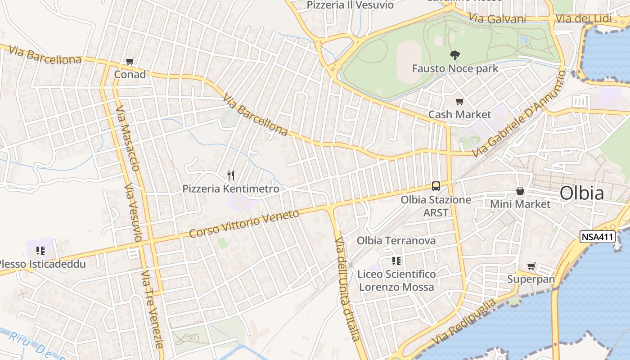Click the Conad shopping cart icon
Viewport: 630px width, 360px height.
[130, 61]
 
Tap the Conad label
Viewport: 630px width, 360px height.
[130, 74]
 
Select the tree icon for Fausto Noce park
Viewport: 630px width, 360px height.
[455, 55]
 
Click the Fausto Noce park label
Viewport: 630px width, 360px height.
[455, 68]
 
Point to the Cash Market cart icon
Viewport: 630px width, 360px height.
[459, 102]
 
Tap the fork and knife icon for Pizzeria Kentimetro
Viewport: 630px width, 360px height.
[231, 175]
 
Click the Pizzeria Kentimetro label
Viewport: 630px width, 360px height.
[231, 189]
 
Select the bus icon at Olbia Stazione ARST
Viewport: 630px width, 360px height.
[436, 186]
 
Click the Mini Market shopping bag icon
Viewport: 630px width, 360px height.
[520, 191]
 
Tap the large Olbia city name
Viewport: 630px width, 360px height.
[581, 193]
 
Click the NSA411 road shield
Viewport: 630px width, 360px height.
[597, 237]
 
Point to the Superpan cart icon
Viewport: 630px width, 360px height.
[531, 266]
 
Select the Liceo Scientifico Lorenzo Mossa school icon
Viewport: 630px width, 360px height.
[396, 261]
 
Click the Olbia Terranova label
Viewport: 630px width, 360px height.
[396, 240]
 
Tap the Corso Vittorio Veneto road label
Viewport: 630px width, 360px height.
[244, 224]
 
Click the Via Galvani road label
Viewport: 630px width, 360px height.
[497, 18]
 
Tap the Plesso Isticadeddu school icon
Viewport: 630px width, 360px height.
[40, 251]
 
